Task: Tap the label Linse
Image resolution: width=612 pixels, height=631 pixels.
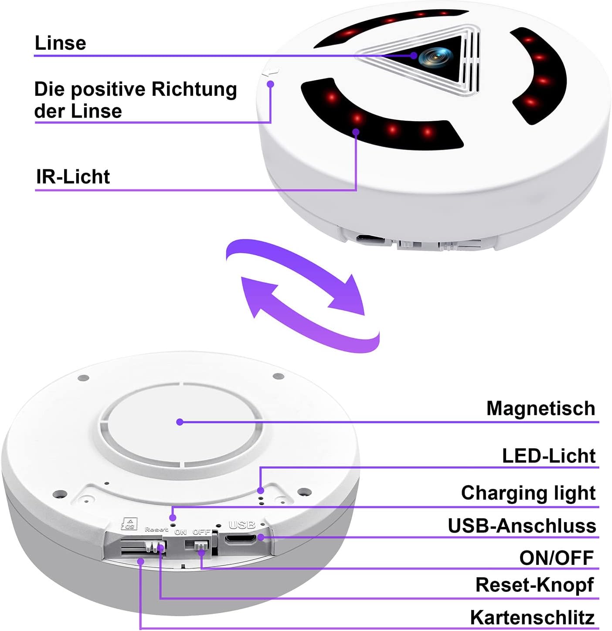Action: [60, 43]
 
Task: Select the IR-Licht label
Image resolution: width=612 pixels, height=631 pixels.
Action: [73, 177]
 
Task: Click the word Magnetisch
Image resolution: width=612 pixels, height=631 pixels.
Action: [541, 408]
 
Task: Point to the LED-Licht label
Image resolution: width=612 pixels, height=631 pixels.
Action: [548, 456]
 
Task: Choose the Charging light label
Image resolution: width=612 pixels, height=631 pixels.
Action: [528, 493]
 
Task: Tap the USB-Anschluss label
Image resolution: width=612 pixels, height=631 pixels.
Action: [522, 526]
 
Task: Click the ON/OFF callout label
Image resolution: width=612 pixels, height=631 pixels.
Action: [556, 558]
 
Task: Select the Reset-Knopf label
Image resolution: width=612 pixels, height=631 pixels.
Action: [534, 585]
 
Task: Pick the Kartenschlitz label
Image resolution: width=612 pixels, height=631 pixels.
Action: [532, 618]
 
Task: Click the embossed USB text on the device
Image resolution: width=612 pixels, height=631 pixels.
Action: [242, 525]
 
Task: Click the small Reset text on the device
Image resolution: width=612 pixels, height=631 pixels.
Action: [156, 530]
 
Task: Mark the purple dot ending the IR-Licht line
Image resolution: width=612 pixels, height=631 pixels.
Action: [356, 132]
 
